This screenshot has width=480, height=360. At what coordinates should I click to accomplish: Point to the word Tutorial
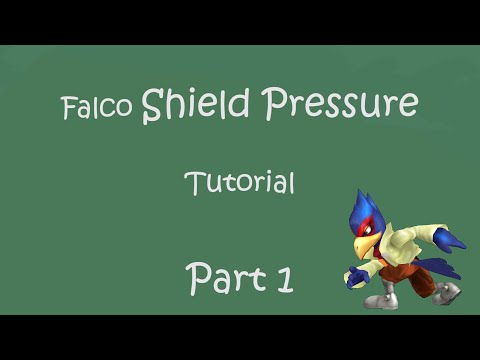(x=239, y=183)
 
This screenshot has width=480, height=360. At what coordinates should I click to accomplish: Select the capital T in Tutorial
(x=193, y=182)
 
